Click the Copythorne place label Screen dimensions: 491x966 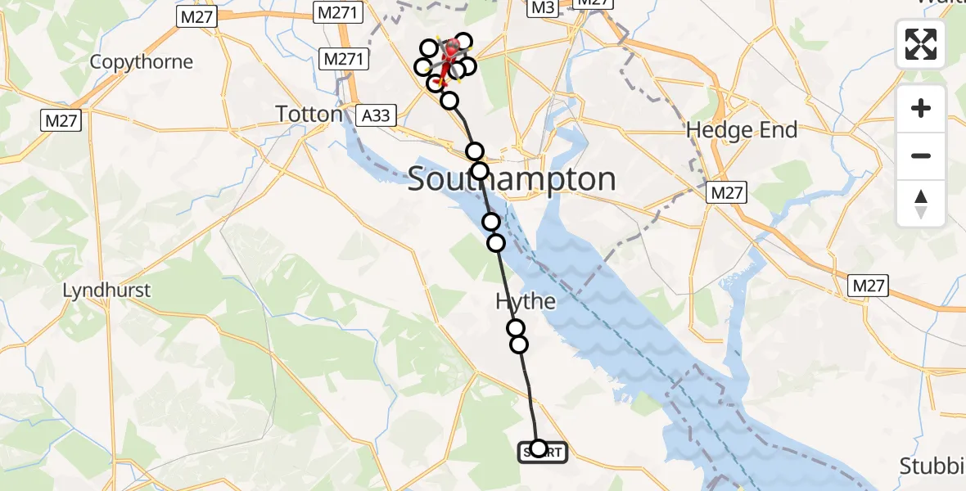[142, 62]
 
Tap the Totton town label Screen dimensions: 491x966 [309, 114]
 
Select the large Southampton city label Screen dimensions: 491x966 [512, 179]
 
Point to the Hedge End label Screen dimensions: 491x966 [742, 129]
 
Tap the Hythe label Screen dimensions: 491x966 [526, 301]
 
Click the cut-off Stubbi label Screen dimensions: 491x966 [932, 466]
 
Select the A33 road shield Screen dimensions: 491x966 [376, 116]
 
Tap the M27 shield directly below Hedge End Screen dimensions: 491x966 [727, 192]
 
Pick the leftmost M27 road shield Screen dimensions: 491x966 [61, 121]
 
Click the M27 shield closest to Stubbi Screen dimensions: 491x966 [869, 286]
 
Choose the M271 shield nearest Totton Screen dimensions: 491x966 [341, 60]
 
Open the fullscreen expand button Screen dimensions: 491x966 [921, 44]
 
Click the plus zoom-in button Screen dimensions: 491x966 [921, 109]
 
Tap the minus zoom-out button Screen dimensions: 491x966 [921, 155]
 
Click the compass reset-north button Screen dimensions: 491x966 [921, 203]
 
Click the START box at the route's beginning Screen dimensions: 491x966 [542, 452]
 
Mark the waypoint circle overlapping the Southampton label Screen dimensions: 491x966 [480, 171]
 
